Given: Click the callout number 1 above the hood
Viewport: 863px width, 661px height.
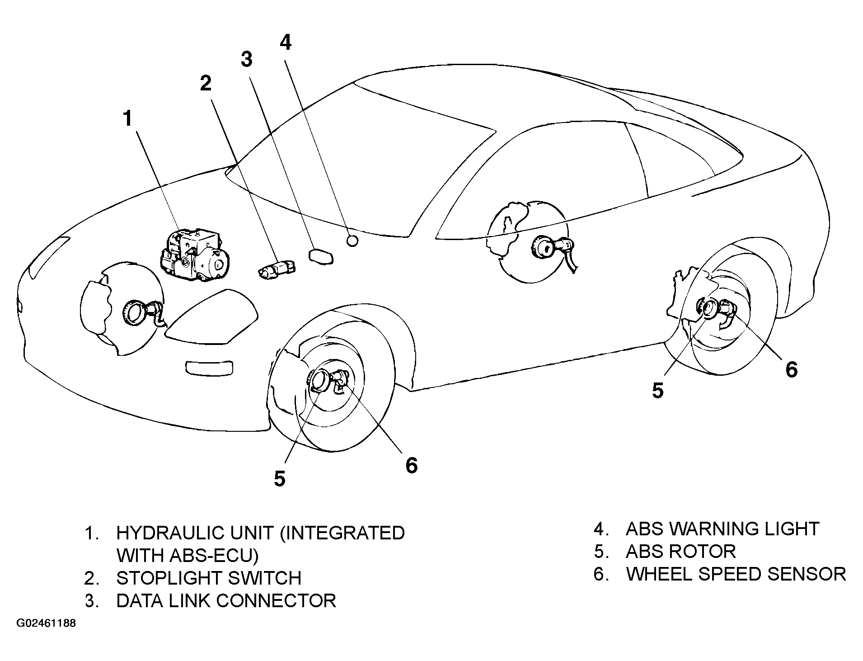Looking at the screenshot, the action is tap(128, 118).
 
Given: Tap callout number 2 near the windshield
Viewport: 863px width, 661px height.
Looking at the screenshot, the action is tap(206, 83).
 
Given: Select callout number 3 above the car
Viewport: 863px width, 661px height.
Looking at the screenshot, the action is tap(247, 59).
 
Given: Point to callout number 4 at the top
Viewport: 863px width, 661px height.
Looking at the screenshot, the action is tap(286, 42).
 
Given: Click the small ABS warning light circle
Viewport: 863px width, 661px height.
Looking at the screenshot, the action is tap(352, 241).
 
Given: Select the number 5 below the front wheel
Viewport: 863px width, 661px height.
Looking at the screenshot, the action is tap(280, 478).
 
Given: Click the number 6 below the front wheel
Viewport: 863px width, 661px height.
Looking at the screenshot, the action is tap(411, 465).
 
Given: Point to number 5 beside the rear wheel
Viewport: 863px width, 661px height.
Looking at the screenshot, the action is tap(658, 391).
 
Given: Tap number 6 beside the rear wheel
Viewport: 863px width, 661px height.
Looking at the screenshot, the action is tap(792, 369).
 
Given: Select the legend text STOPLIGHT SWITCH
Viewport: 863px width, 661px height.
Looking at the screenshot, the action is tap(209, 578).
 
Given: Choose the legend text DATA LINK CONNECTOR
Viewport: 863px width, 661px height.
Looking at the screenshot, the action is tap(226, 601).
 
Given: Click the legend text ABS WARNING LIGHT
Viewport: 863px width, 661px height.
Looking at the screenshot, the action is tap(722, 529).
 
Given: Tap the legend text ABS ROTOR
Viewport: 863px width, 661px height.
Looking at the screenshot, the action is tap(681, 551).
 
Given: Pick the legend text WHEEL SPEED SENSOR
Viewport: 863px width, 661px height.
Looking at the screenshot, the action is tap(736, 574).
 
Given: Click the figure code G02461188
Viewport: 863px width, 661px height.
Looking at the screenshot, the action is tap(47, 623).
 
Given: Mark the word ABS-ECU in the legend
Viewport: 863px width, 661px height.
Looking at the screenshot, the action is tap(183, 556).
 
